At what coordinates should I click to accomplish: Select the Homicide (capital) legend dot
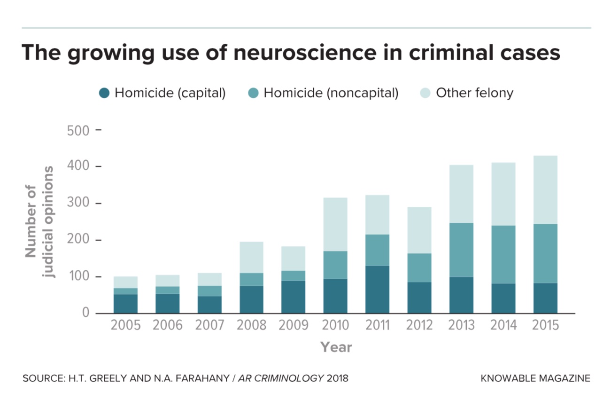[x=104, y=93]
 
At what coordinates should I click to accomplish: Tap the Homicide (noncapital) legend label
[x=331, y=93]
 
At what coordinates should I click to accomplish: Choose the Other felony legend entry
[x=474, y=93]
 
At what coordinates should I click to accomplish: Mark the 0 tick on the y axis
[x=85, y=313]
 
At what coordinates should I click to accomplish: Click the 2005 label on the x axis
[x=125, y=325]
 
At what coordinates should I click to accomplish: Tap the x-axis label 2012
[x=419, y=325]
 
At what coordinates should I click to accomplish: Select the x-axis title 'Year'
[x=336, y=347]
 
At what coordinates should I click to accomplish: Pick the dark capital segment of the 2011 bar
[x=377, y=289]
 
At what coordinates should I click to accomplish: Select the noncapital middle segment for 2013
[x=461, y=250]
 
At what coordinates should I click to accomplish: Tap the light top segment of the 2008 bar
[x=251, y=257]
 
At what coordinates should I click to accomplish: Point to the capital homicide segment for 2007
[x=209, y=305]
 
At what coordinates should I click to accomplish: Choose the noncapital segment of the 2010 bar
[x=335, y=265]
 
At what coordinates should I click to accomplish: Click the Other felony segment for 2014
[x=503, y=194]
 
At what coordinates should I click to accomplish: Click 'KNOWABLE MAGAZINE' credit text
[x=535, y=378]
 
